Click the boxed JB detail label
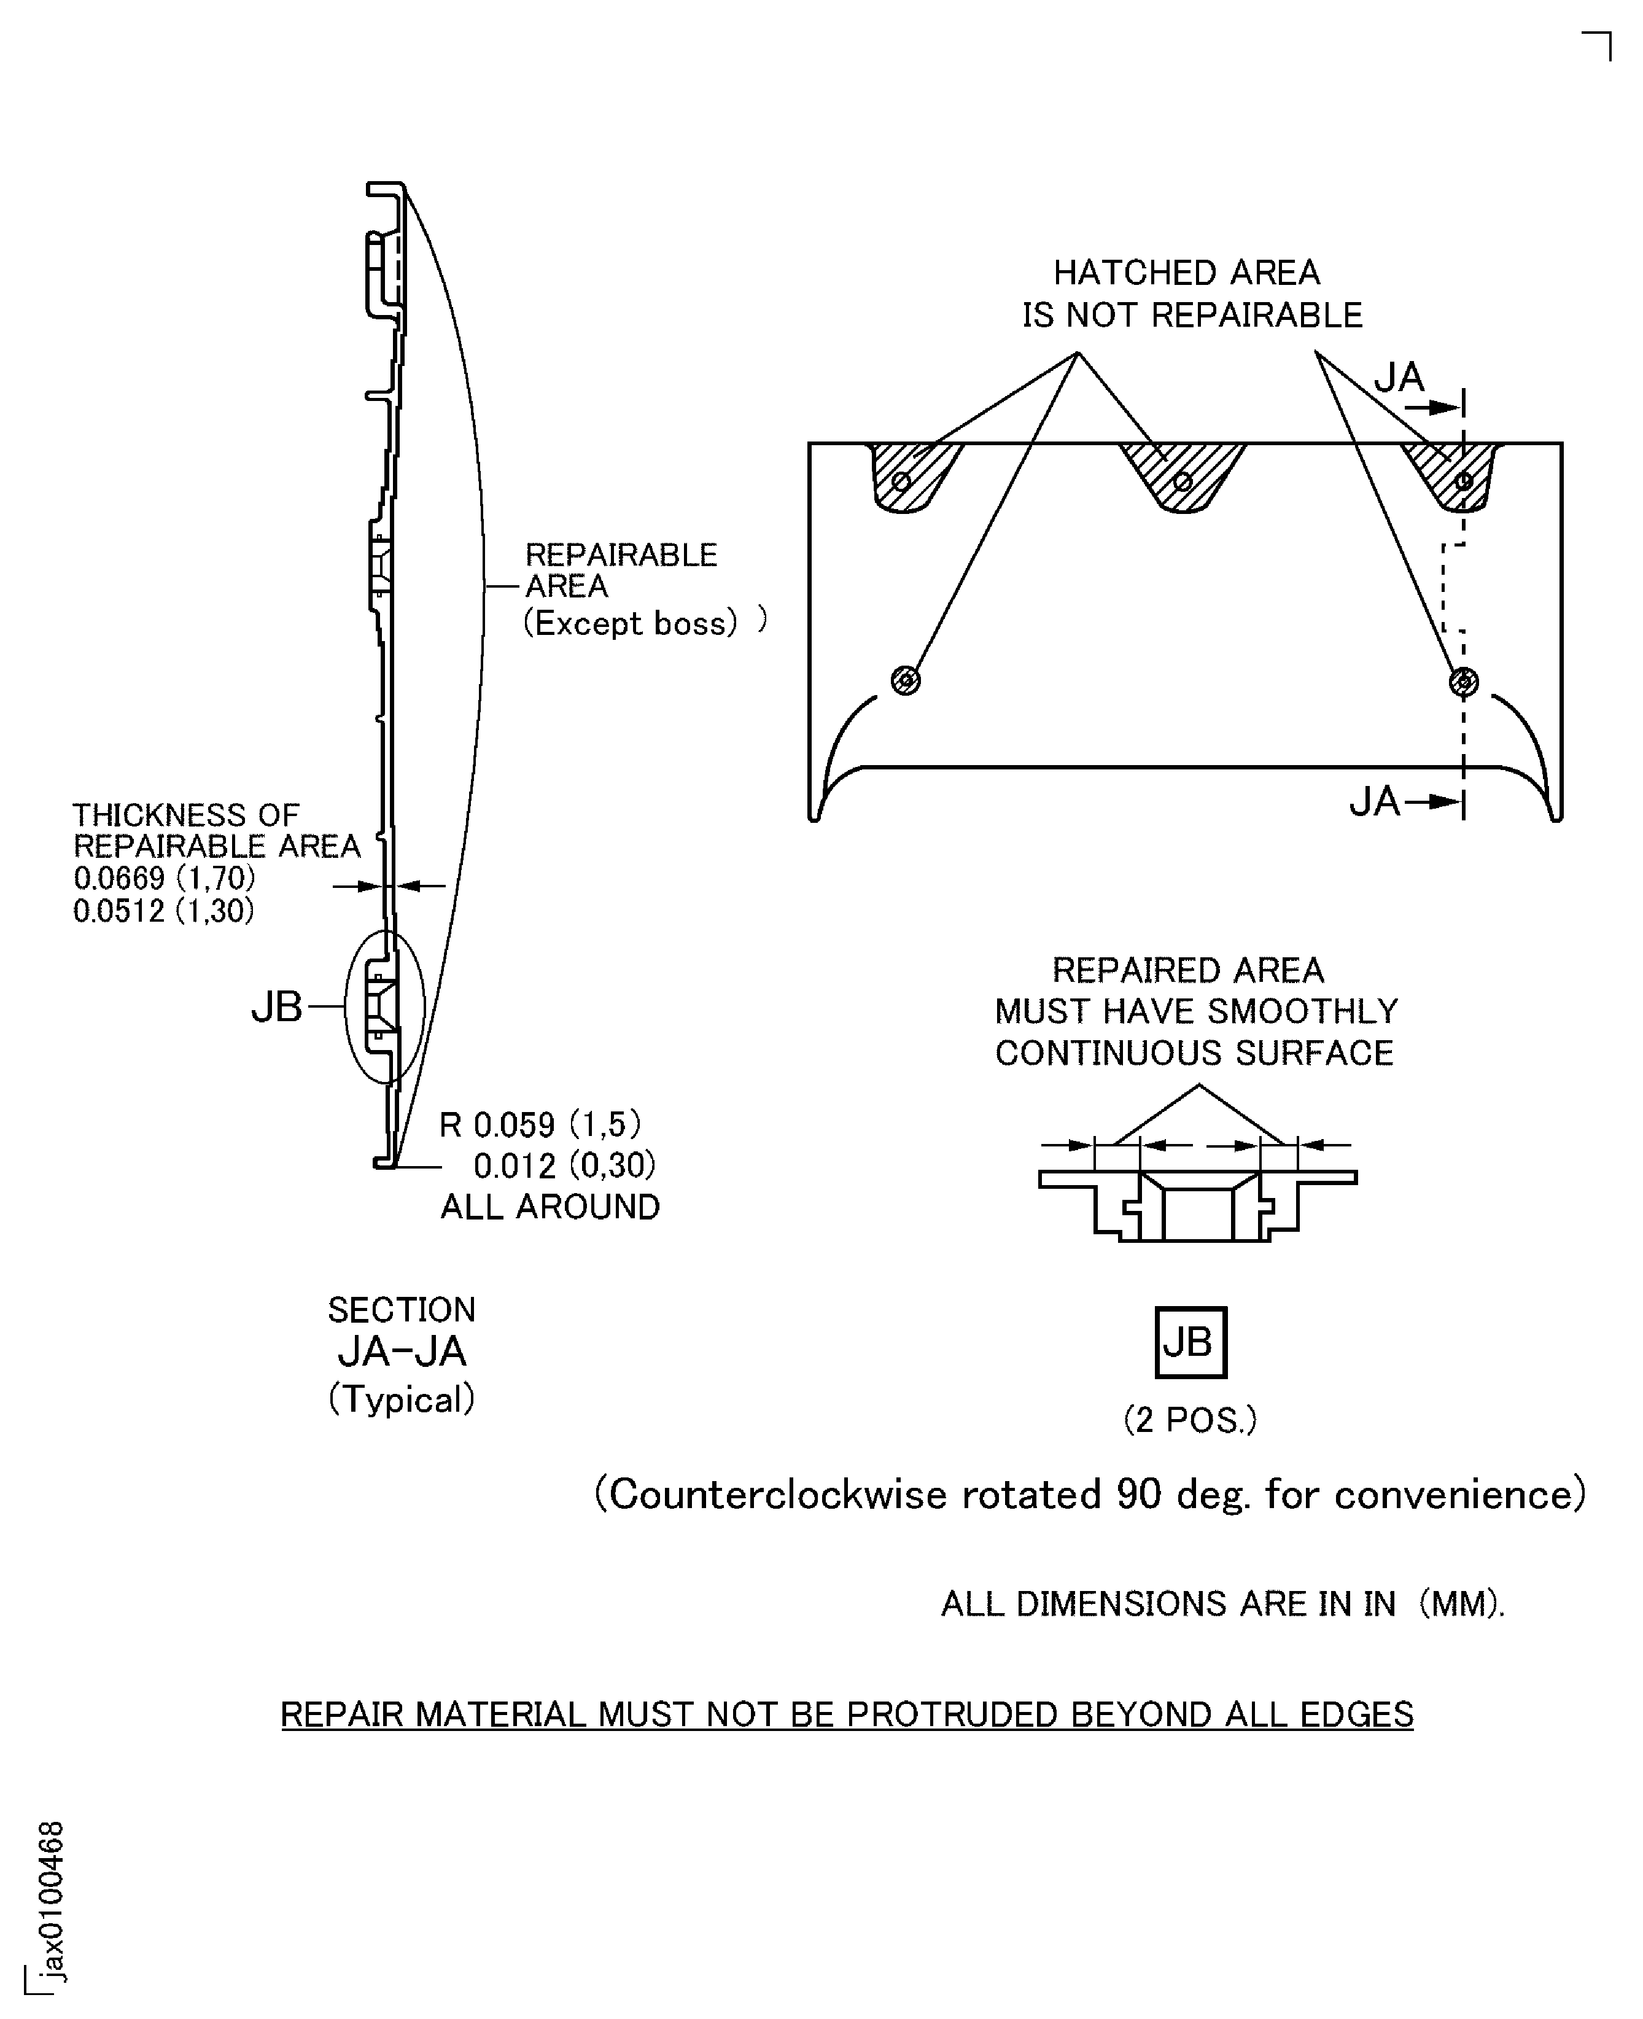pyautogui.click(x=1190, y=1342)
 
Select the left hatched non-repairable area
pyautogui.click(x=911, y=476)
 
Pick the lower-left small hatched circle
pyautogui.click(x=906, y=680)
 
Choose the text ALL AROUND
pyautogui.click(x=550, y=1207)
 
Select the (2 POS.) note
pyautogui.click(x=1190, y=1420)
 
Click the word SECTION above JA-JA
pyautogui.click(x=402, y=1310)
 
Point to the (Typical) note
pyautogui.click(x=402, y=1399)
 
